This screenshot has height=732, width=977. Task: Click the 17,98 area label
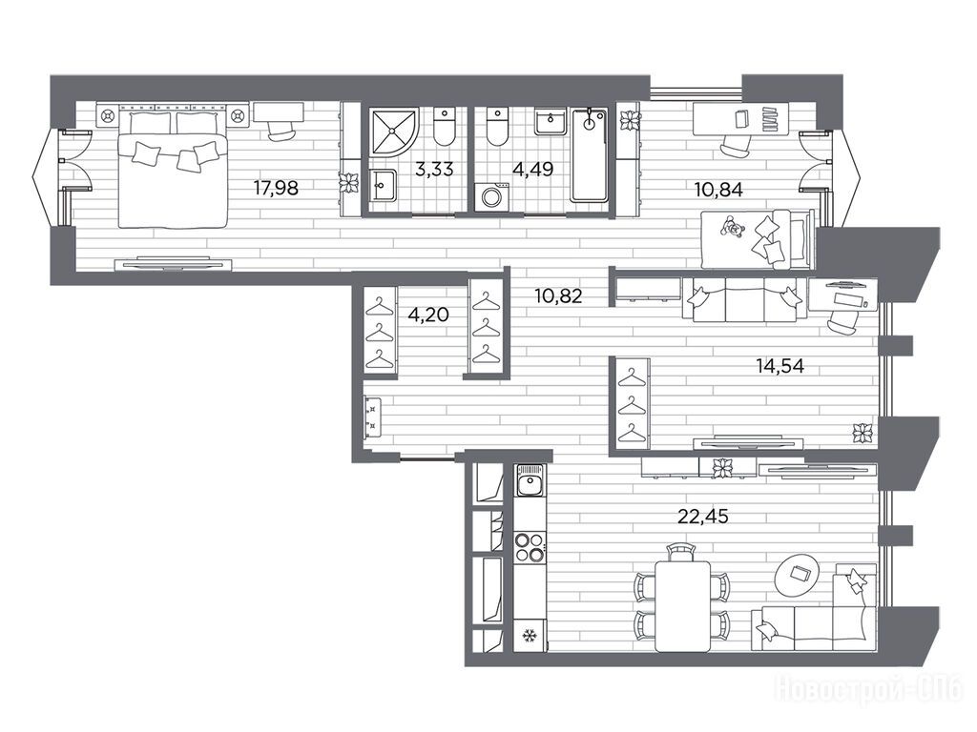pyautogui.click(x=276, y=188)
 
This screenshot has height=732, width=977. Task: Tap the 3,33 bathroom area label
pyautogui.click(x=434, y=169)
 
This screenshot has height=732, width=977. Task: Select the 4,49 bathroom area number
pyautogui.click(x=532, y=169)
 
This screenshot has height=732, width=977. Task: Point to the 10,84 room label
pyautogui.click(x=718, y=189)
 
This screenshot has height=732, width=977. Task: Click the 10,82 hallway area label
pyautogui.click(x=558, y=295)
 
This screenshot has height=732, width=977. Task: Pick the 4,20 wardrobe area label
pyautogui.click(x=428, y=315)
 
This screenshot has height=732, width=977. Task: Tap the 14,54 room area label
pyautogui.click(x=780, y=365)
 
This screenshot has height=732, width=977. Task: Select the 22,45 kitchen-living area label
pyautogui.click(x=703, y=516)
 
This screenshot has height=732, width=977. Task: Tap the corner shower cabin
pyautogui.click(x=392, y=130)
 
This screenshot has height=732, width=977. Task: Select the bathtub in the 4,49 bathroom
pyautogui.click(x=590, y=155)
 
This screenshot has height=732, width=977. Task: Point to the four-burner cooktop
pyautogui.click(x=530, y=548)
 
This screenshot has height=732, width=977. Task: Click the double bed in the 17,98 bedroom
pyautogui.click(x=172, y=170)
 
